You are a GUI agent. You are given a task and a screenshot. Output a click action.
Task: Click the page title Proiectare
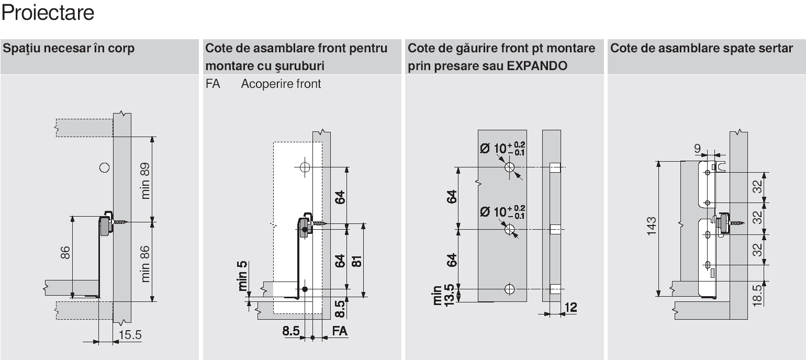coord(48,13)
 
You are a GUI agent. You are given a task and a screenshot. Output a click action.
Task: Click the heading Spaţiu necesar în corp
coord(69,49)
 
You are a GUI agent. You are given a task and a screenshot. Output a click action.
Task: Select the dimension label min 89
coord(144,181)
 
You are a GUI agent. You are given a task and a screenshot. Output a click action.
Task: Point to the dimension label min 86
coord(144,264)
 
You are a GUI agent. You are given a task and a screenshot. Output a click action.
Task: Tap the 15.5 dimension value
coord(130,335)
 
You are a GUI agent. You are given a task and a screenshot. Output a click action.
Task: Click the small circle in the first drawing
coord(104,167)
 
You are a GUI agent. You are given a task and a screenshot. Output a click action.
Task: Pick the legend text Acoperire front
coord(281,84)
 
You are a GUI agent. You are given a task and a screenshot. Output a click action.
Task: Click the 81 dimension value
coord(356,261)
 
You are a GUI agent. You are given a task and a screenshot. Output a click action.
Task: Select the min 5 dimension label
coord(242,275)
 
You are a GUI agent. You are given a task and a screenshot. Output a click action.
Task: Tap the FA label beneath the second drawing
coord(340,331)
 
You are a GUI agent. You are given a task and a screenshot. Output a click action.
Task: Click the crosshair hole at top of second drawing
coord(305,167)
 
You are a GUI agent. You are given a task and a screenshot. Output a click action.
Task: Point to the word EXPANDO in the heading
coord(537,66)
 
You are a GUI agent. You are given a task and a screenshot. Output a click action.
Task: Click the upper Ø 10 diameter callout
coord(502,148)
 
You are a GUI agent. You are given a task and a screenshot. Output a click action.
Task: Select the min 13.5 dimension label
coord(444,296)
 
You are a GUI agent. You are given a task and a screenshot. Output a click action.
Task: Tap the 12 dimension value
coord(570,308)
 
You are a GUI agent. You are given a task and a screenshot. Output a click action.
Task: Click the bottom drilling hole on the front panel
coord(510,289)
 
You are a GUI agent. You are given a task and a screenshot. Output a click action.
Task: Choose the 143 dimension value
coord(652,226)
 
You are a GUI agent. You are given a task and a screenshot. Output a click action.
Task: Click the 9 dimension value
coord(697,148)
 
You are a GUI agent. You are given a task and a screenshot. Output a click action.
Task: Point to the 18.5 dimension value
coord(757,296)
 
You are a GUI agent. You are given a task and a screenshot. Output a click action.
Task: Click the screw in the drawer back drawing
coord(731,223)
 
